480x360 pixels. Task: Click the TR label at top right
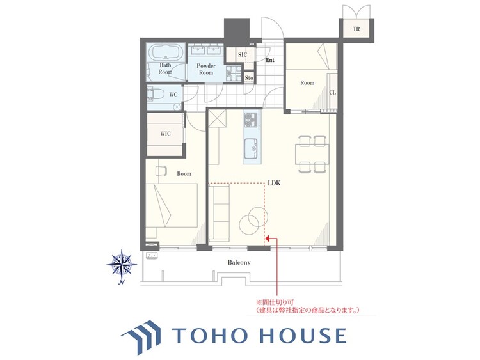(356, 29)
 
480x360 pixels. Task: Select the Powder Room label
(206, 69)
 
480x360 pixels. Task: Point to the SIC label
(243, 55)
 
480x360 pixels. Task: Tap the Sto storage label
(249, 78)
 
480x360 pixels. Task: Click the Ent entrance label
(270, 60)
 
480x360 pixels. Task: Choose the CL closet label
(332, 92)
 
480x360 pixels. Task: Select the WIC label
(165, 134)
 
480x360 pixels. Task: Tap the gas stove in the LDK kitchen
(251, 120)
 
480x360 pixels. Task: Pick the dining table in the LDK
(312, 154)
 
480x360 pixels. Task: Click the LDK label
(274, 183)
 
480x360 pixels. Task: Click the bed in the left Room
(172, 205)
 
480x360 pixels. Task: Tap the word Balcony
(239, 262)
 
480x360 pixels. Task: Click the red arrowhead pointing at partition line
(268, 238)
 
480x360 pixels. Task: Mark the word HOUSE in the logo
(303, 335)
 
